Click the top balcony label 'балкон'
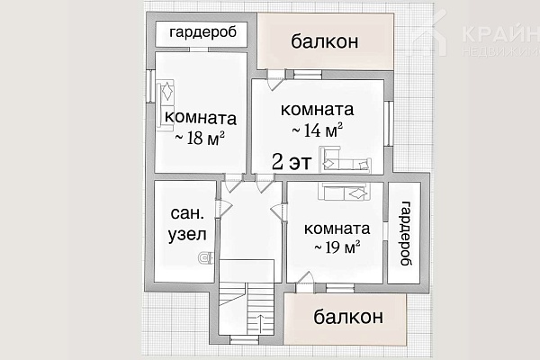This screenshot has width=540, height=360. (x=325, y=41)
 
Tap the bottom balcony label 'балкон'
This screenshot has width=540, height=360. (x=348, y=316)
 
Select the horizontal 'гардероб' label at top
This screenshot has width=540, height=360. (x=203, y=32)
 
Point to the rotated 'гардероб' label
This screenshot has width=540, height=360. (x=406, y=233)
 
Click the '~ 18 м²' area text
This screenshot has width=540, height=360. (x=200, y=138)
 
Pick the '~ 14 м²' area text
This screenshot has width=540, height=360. (x=317, y=130)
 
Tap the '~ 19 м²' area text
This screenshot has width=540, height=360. (x=337, y=247)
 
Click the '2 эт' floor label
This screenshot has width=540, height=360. (x=292, y=162)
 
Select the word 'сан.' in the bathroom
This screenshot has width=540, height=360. (x=187, y=213)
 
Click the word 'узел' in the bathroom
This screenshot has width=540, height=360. (x=187, y=235)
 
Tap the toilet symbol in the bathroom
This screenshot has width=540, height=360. (x=206, y=257)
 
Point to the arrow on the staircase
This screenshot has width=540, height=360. (x=260, y=323)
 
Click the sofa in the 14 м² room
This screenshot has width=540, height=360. (x=345, y=159)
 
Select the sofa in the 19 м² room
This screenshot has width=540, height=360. (x=345, y=192)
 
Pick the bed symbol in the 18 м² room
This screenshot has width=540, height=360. (x=166, y=105)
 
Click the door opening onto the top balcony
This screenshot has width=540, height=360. (x=276, y=79)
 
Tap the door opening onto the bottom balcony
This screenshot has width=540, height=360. (x=305, y=283)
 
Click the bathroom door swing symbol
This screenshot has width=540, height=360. (x=224, y=208)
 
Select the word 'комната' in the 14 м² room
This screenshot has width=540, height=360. (x=317, y=110)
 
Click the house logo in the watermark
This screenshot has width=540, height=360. (x=430, y=34)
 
